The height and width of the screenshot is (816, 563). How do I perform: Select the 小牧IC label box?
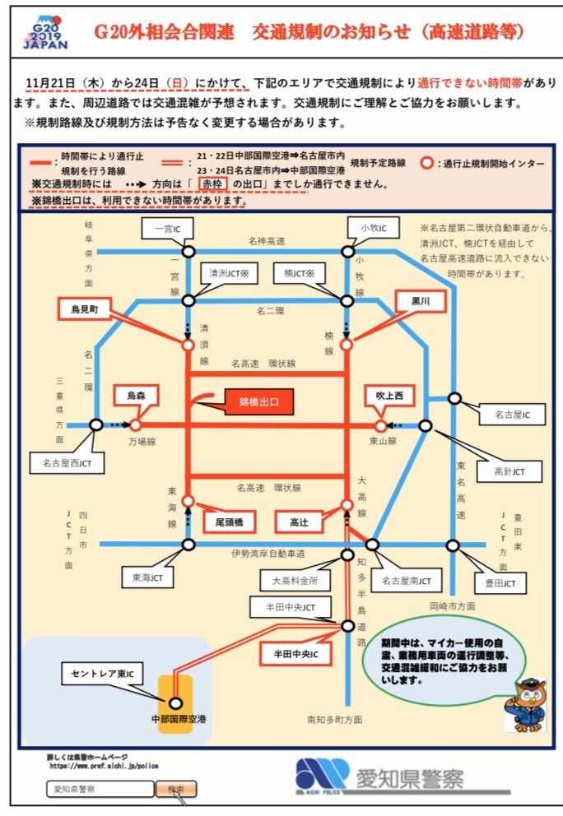coord(361,227)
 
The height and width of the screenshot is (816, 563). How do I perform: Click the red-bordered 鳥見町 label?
coord(86,308)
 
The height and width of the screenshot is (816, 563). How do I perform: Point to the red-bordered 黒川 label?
coord(421,302)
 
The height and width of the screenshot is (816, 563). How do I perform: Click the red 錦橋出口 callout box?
coord(259,402)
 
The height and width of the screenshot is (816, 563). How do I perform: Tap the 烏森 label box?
coord(136,396)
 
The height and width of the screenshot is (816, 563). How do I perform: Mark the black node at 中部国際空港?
coord(174,702)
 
